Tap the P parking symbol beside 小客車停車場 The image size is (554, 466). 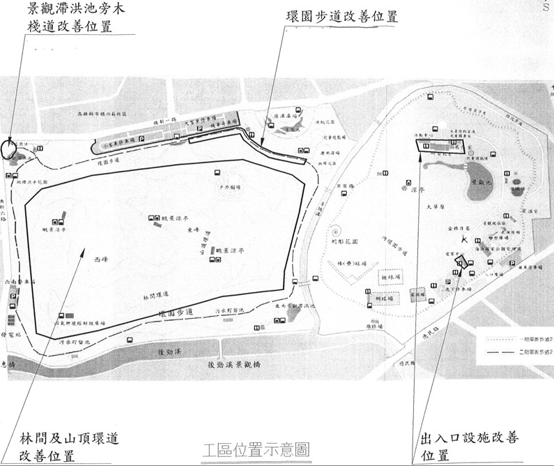(x=142, y=140)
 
